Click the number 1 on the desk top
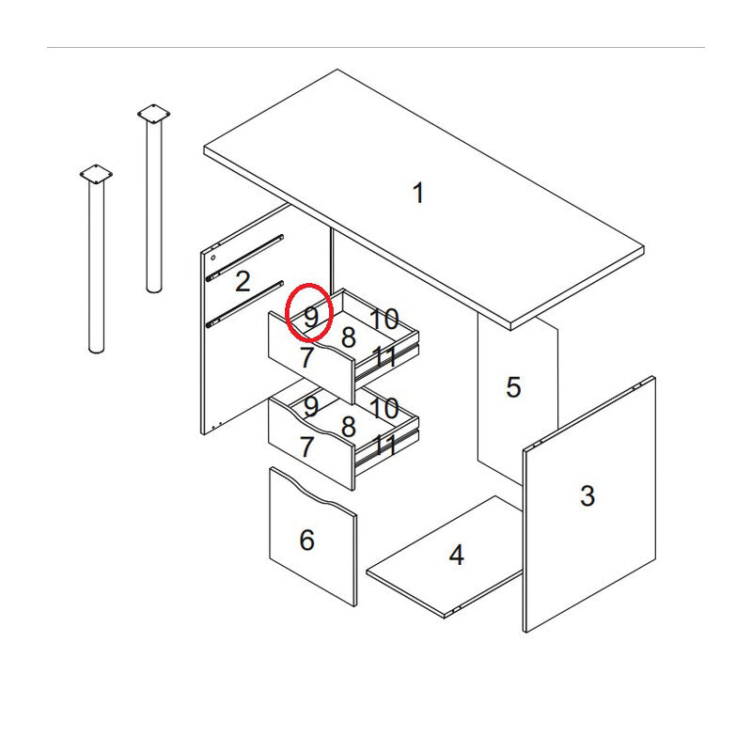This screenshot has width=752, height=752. coord(418,193)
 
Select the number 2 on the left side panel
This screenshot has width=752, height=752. coord(243,281)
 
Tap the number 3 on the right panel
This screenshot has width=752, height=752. coord(587,495)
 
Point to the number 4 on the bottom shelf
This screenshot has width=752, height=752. coord(456,555)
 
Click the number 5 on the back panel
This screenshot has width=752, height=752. coord(513,387)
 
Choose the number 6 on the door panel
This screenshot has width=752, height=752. coord(307,540)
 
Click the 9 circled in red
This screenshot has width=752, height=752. coord(311,317)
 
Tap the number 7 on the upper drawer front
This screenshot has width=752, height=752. coord(307,357)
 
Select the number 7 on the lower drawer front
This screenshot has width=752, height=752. coord(307,446)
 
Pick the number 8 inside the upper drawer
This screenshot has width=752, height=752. coord(349,337)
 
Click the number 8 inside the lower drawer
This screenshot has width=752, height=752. coord(349,427)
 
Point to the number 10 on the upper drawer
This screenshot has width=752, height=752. coord(384,319)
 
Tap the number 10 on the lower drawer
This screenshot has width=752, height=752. coord(384,408)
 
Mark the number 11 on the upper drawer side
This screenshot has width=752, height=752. coord(384,356)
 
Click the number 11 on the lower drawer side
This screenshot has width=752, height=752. coord(384,446)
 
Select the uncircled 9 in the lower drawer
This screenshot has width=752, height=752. coord(311,406)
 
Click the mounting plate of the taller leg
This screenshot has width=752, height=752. coord(153,114)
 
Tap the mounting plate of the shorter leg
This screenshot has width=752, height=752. coord(96,174)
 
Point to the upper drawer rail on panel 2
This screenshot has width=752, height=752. coord(244,258)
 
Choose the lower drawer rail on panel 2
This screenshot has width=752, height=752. coord(244,304)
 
